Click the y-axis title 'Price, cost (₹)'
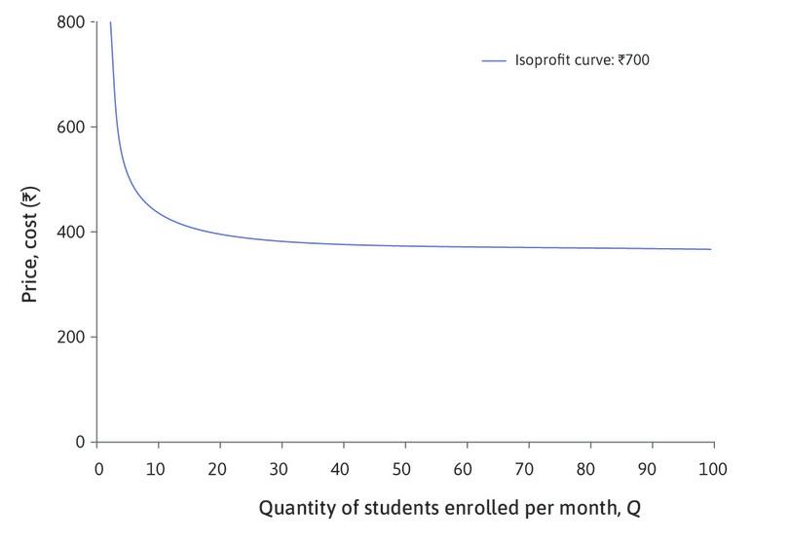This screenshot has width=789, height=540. tap(30, 232)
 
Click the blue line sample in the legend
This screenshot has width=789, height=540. tap(495, 60)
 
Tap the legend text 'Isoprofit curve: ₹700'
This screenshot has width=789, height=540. tap(582, 60)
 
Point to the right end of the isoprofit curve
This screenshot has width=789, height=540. tap(711, 249)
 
